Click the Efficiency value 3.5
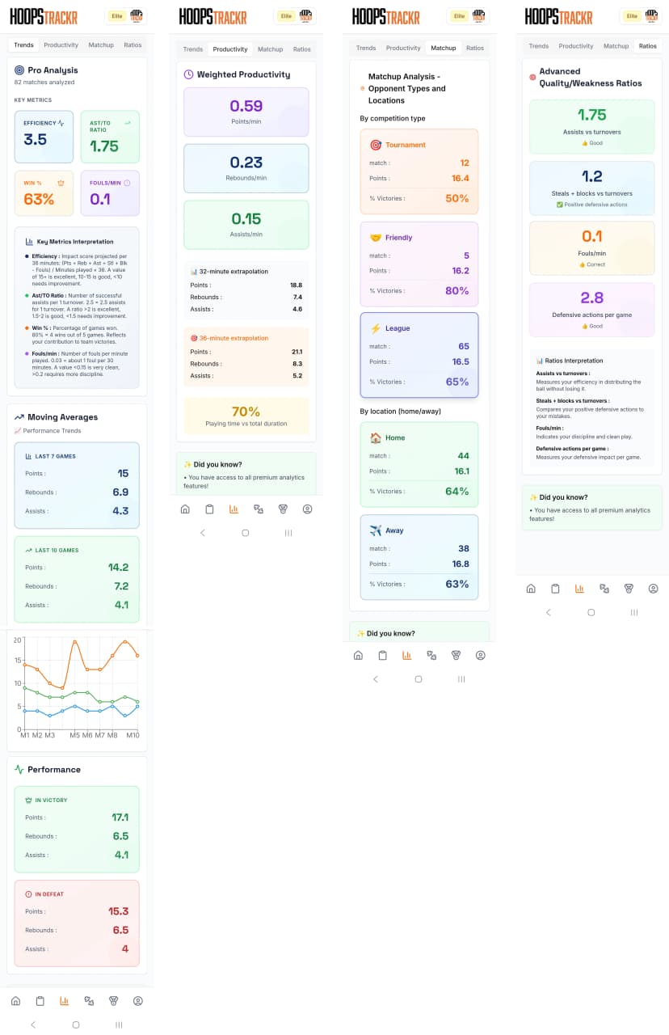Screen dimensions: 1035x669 coord(36,139)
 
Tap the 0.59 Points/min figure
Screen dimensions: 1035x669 coord(246,106)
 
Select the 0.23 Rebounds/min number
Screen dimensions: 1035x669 coord(246,163)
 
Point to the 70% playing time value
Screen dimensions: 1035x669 coord(246,412)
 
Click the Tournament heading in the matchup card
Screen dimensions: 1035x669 coord(406,145)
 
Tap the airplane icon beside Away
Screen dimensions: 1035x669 coord(376,530)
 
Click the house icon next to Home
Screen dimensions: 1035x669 coord(376,437)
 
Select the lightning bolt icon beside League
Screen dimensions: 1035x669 coord(376,328)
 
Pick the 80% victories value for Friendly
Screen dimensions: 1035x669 coord(457,290)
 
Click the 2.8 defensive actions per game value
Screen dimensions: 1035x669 coord(592,298)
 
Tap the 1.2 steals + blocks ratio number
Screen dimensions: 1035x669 coord(592,176)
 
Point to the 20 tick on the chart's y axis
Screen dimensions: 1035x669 coord(17,640)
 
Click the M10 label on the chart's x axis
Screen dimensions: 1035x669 coord(133,735)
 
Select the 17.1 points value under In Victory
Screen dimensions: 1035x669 coord(120,817)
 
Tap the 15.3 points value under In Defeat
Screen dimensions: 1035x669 coord(119,911)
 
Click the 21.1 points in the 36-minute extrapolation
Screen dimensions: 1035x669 coord(297,352)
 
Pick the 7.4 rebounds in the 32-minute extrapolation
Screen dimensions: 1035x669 coord(297,297)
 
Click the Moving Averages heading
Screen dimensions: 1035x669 coord(62,417)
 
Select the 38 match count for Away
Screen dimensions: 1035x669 coord(463,548)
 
